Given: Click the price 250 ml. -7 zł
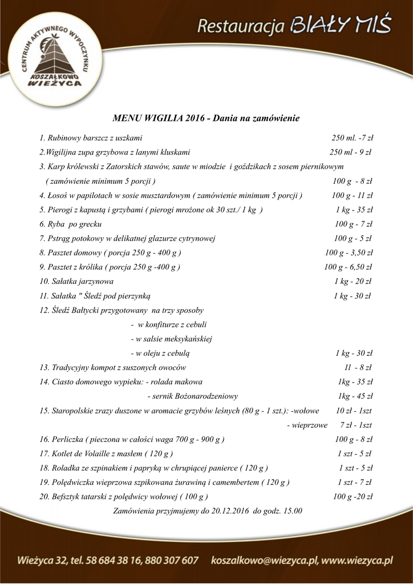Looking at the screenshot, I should pos(352,138).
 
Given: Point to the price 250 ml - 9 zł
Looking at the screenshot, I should pos(350,152).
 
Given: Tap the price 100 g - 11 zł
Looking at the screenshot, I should pos(352,196).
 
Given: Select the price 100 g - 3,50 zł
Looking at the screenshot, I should pos(349,253).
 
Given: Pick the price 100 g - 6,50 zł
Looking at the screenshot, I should pos(348,267).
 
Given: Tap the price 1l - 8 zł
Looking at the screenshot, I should pos(358,367).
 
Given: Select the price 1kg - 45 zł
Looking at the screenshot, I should pos(355,396).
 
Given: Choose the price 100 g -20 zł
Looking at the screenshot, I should pos(353,496).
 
